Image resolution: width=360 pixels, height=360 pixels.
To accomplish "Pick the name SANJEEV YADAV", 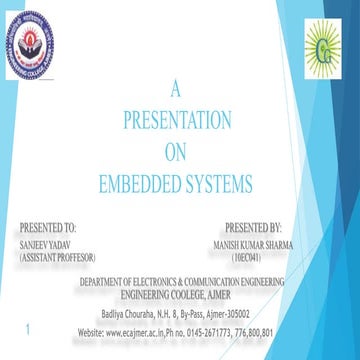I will pos(45,243).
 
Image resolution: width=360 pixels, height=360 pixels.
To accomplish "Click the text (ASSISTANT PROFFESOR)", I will pos(63,256).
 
